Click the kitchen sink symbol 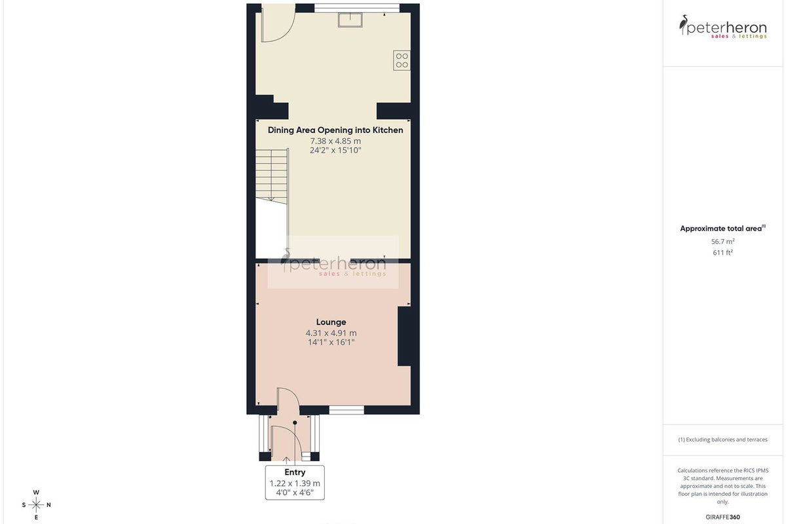point(350,20)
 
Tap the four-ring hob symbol point(402,60)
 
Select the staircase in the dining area point(272,174)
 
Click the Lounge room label point(331,322)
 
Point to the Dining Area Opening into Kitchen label point(335,130)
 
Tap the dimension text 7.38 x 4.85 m point(335,141)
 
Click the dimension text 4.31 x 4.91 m point(331,333)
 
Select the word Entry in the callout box point(295,472)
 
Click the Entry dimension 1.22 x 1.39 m point(295,483)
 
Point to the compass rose point(36,505)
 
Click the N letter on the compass point(48,505)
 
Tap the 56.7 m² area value point(723,242)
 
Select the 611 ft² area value point(723,252)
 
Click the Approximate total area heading point(723,229)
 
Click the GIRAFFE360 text point(723,517)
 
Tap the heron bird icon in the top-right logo point(683,25)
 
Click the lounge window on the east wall point(346,409)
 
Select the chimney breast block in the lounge point(404,336)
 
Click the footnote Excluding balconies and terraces point(723,440)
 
